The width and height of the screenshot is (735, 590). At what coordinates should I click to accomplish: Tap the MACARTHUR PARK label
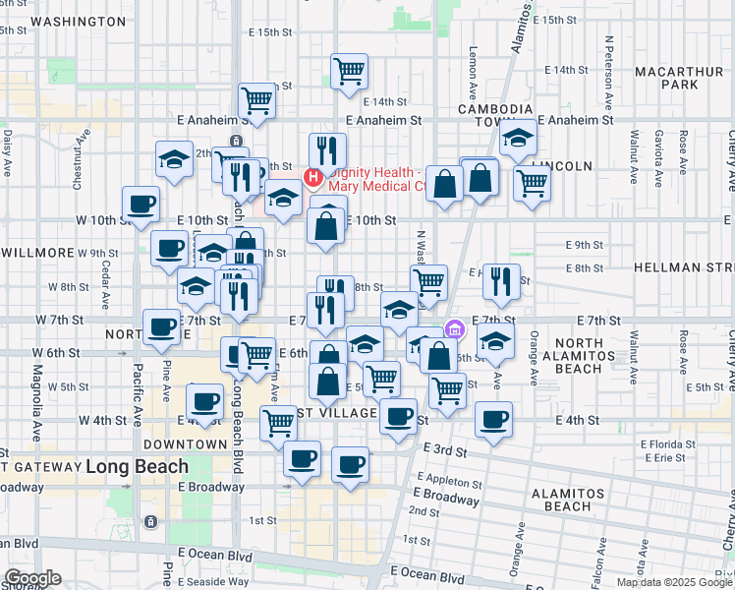click(678, 79)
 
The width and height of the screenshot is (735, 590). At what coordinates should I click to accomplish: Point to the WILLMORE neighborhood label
click(38, 253)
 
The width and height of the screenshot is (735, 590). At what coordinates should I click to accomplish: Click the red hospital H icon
click(312, 178)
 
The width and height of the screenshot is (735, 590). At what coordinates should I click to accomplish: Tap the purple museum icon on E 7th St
click(453, 329)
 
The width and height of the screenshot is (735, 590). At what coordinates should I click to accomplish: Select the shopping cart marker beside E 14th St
click(349, 71)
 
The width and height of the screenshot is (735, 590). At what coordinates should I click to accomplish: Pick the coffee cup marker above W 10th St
click(141, 204)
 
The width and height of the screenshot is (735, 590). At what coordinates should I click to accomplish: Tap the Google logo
click(32, 578)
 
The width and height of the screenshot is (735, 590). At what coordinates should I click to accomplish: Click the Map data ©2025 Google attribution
click(673, 582)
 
